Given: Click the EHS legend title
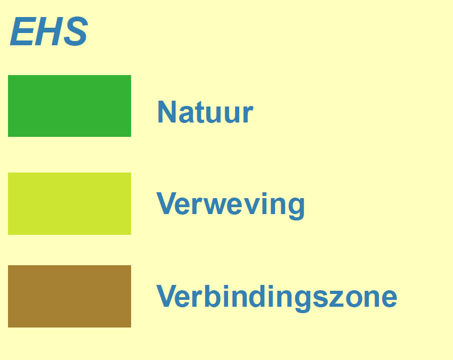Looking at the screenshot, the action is (48, 31).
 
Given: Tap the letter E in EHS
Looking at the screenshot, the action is (22, 31).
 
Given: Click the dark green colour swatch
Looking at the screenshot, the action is (69, 106).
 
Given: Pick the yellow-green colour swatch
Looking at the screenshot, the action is (69, 203).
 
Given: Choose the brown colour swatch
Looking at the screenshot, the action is (69, 296).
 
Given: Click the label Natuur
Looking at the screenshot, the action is (205, 112).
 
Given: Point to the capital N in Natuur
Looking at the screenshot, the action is (167, 112).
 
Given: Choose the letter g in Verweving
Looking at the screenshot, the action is (296, 209).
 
